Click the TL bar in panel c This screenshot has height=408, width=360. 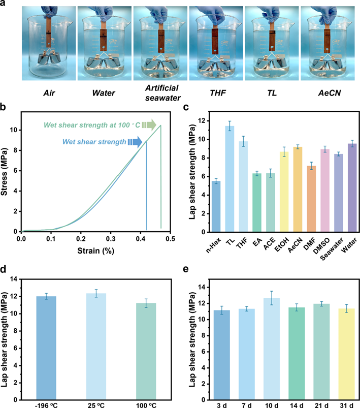click(230, 179)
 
